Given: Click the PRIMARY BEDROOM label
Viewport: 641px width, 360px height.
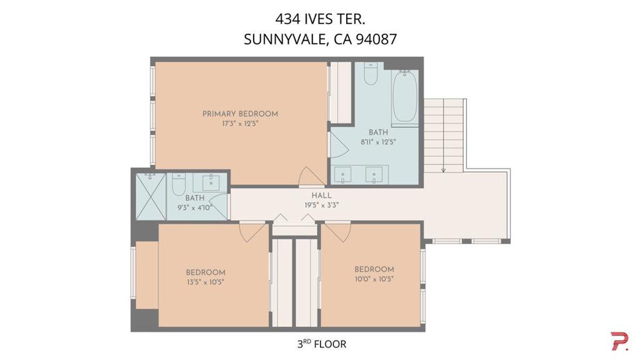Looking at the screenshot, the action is (240, 114).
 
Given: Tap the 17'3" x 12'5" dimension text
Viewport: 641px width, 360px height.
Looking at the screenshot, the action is (240, 123).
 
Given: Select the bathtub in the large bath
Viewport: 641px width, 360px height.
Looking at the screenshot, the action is (405, 96).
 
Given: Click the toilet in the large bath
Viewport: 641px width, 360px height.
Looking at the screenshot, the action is (371, 74).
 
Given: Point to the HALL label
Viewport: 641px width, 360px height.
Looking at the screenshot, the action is (321, 195).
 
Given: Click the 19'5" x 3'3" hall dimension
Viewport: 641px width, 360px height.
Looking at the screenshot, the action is (321, 205).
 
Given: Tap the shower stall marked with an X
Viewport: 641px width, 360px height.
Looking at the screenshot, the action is (151, 197).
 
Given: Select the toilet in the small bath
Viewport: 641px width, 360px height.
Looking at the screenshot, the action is (178, 184).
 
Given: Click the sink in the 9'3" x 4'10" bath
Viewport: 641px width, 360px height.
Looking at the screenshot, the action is (211, 182).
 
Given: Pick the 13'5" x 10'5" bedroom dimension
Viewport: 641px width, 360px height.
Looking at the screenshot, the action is (205, 282).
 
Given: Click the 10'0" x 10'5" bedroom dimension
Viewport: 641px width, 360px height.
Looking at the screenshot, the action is (374, 279).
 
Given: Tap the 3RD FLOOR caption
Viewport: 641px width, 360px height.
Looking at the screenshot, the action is (322, 344).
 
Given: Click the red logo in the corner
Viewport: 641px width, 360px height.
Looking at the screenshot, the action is (620, 341).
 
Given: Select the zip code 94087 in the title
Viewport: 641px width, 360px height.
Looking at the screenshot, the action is (376, 39).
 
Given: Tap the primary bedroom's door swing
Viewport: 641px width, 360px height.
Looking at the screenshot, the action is (312, 176).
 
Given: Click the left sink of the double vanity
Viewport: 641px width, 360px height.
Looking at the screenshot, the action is (342, 175).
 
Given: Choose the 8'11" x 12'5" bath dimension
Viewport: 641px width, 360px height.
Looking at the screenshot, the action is (378, 142).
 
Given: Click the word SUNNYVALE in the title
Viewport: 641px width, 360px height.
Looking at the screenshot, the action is (285, 39).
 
